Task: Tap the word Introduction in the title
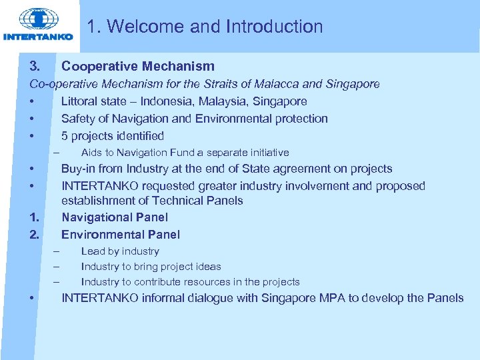click(274, 27)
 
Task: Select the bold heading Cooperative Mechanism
click(138, 66)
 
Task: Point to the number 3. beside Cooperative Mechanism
click(35, 66)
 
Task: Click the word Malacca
click(275, 84)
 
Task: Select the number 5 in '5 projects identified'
click(65, 136)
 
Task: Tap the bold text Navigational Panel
click(115, 217)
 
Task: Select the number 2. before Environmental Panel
click(34, 235)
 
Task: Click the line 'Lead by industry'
click(120, 251)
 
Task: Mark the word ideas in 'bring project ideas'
click(209, 267)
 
